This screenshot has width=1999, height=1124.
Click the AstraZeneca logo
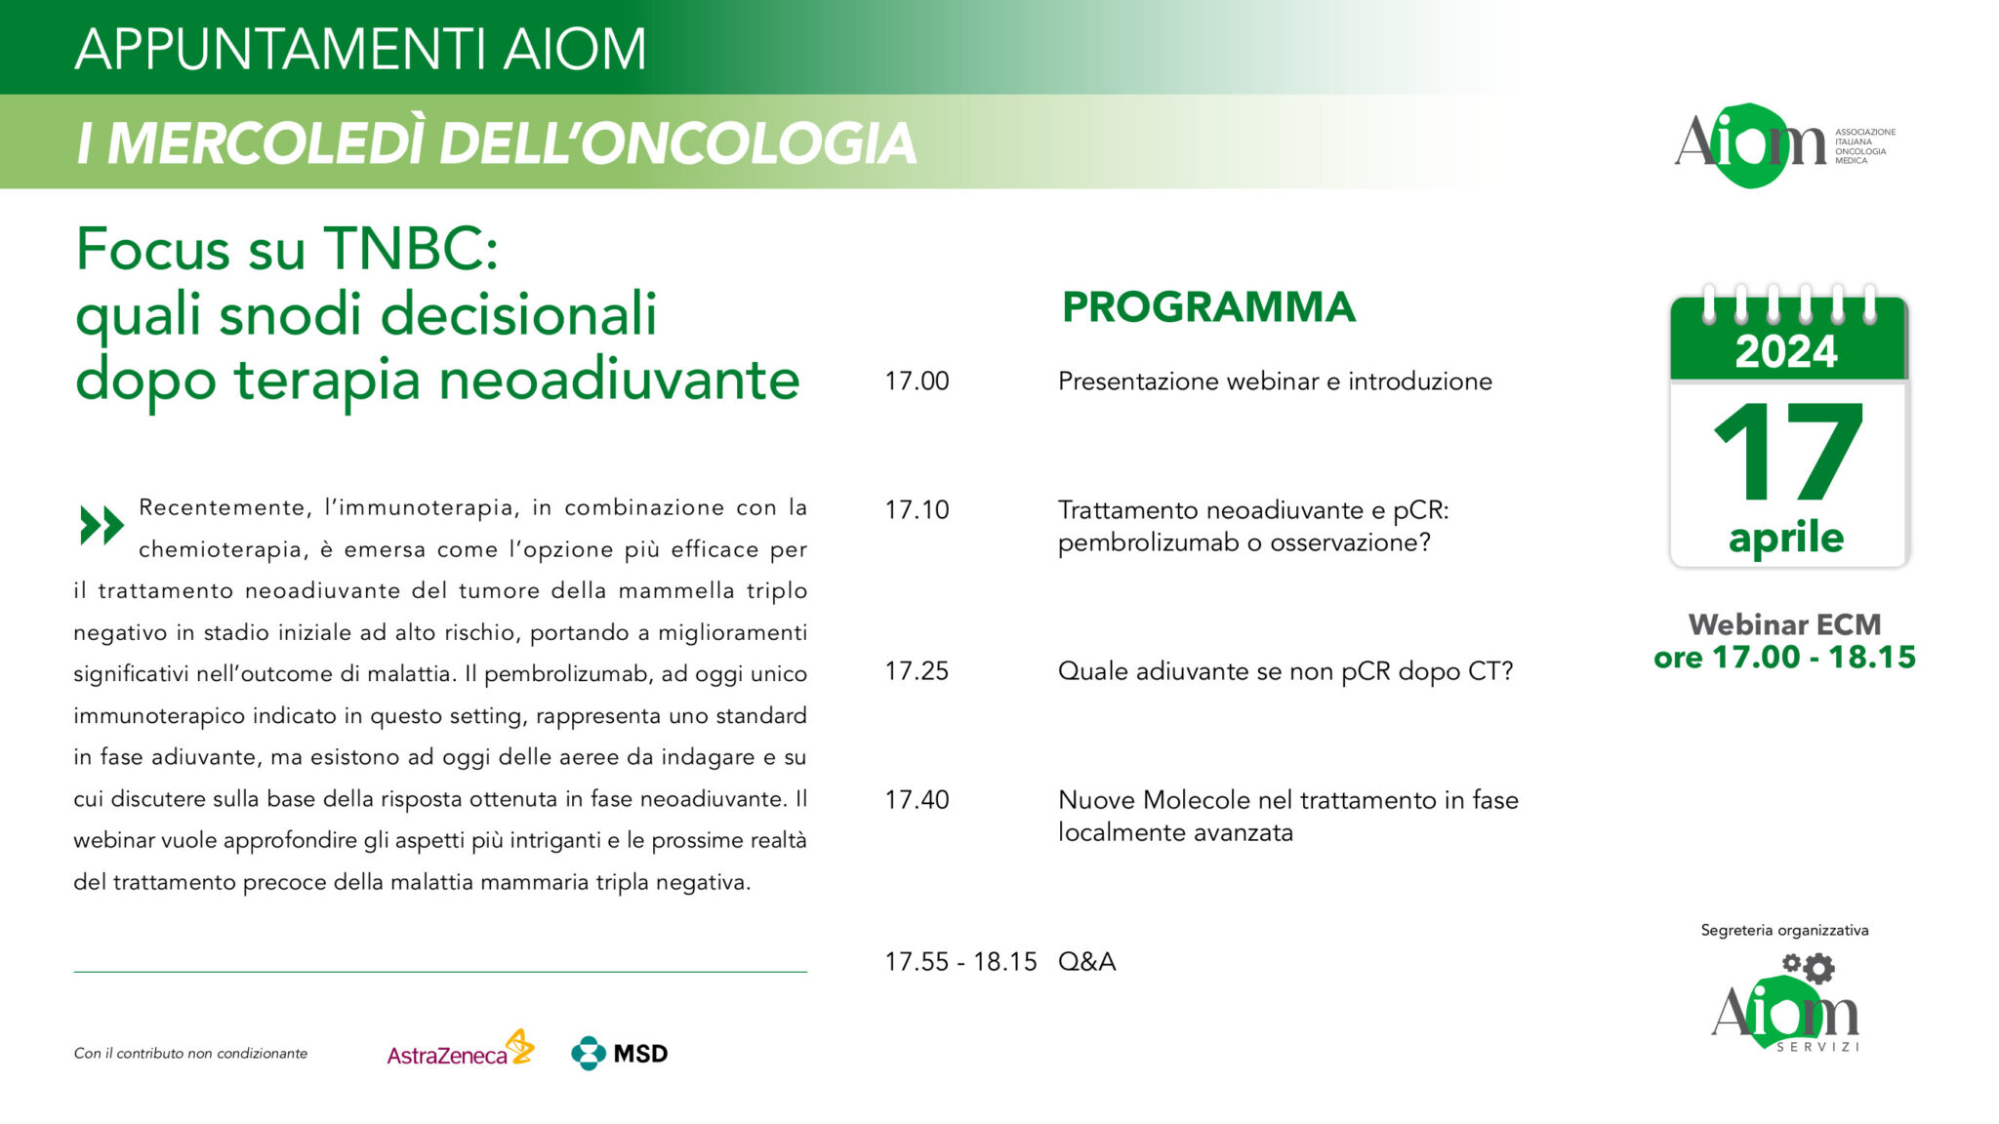coord(460,1051)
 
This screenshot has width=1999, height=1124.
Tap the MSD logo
coord(620,1053)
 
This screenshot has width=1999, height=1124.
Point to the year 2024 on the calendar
coord(1786,351)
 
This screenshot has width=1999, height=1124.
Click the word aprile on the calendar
coord(1786,538)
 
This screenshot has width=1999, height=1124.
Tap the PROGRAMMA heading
coord(1208,307)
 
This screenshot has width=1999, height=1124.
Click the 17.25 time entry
coord(917,671)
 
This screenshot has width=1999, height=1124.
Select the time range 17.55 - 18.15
coord(960,962)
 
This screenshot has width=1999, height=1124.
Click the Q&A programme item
coord(1086,962)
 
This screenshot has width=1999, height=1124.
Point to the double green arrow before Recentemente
coord(102,525)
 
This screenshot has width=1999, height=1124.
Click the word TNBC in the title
coord(411,250)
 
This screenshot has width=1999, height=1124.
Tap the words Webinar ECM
coord(1784,624)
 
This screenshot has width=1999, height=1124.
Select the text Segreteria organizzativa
coord(1784,931)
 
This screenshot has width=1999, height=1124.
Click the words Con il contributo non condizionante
coord(190,1054)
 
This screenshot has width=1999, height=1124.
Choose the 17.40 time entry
coord(917,800)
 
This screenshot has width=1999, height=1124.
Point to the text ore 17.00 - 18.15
coord(1784,658)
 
